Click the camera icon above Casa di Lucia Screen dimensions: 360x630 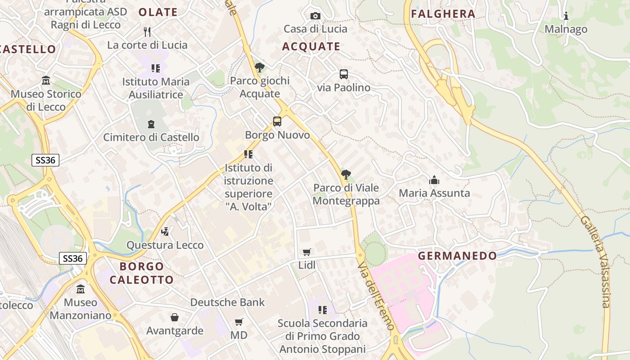point(315,16)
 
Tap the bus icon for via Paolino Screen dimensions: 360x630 point(344,74)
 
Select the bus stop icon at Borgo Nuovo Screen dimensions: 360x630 point(277,121)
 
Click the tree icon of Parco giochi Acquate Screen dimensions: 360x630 point(259,68)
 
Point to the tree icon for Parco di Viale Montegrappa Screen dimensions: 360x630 point(346,175)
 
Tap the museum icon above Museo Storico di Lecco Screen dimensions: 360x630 point(46,81)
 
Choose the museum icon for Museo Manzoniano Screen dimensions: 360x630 point(81,289)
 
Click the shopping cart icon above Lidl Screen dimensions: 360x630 point(307,252)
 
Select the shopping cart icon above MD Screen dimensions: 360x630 point(239,322)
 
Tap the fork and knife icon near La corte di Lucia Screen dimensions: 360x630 point(147,32)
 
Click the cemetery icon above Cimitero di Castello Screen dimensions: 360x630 point(151,124)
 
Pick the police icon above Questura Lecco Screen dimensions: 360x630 point(165,232)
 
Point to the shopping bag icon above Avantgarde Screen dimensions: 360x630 point(175,318)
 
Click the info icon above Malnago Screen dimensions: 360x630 point(566,16)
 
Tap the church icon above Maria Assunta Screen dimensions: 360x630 point(434,180)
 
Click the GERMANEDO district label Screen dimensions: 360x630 point(458,256)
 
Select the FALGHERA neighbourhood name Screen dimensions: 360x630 point(443,14)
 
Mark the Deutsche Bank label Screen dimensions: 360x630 point(228,302)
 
